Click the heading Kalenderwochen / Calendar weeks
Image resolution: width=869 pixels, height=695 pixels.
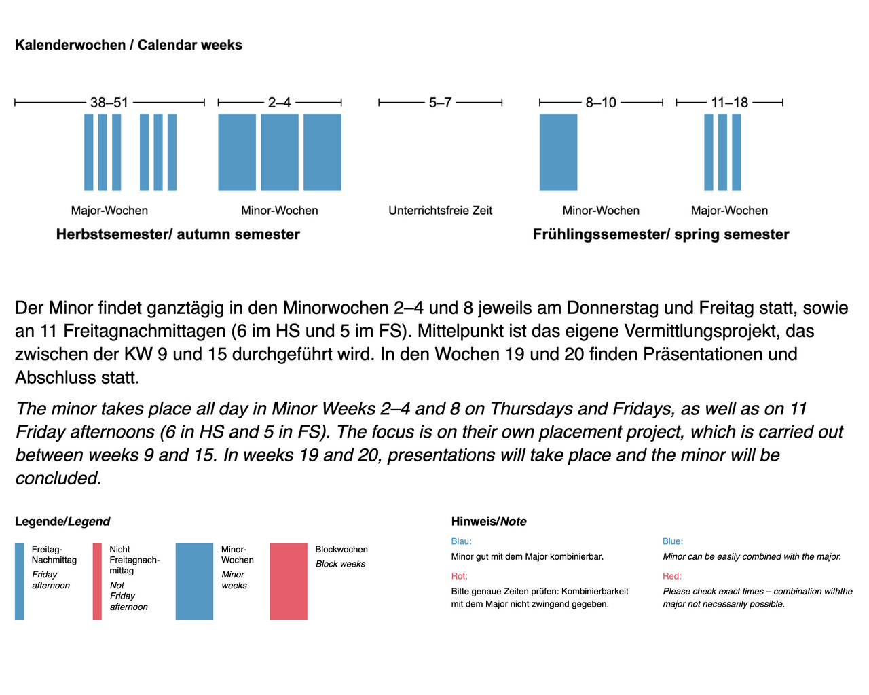point(128,45)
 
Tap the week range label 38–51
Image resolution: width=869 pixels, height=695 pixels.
point(109,103)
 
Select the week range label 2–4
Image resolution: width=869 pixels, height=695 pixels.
point(279,103)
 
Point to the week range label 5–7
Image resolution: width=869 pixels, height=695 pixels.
point(440,103)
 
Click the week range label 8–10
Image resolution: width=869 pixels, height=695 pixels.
point(601,103)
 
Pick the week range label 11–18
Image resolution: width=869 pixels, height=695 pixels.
point(729,103)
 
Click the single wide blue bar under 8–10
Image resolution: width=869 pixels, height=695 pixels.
point(558,152)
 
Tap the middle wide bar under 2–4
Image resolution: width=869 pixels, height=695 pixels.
point(280,152)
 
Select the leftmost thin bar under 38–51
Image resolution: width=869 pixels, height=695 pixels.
point(89,152)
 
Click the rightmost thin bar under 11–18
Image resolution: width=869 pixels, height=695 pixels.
point(737,152)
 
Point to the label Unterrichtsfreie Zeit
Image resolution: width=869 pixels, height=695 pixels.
point(440,211)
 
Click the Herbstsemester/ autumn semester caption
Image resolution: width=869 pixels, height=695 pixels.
point(178,234)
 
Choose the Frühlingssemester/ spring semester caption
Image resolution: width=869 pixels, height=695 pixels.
point(661,234)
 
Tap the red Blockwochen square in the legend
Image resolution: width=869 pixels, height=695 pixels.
point(289,581)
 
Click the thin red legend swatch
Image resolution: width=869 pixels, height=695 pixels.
point(97,581)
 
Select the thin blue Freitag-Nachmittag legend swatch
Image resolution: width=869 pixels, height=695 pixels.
point(20,581)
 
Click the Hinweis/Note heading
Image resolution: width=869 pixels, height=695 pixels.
point(489,522)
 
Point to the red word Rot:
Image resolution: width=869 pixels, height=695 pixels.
point(460,576)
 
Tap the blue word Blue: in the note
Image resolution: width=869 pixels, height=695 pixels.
point(673,541)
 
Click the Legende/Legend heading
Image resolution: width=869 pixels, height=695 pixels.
point(62,522)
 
